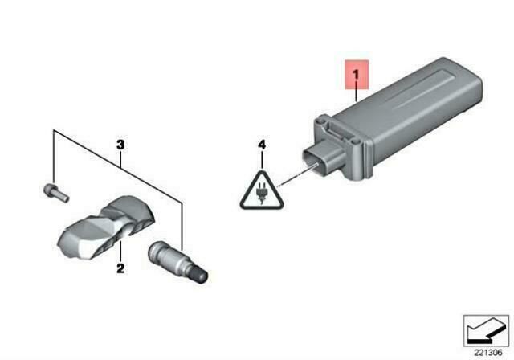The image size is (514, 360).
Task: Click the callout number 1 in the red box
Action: tap(356, 75)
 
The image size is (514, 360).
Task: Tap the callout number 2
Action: tap(120, 268)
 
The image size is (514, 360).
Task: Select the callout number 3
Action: tap(120, 145)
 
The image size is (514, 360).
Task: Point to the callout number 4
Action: tap(262, 145)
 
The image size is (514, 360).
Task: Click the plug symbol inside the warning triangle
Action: tap(261, 194)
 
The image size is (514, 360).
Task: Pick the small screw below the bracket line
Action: tap(56, 192)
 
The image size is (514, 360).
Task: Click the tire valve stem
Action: tap(177, 260)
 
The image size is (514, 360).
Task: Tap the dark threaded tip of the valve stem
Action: tap(200, 275)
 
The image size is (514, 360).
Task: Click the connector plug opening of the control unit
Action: tap(314, 160)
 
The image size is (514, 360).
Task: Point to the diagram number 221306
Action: tap(488, 353)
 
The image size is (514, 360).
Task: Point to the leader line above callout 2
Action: tap(120, 252)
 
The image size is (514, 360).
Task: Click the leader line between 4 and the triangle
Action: tap(262, 161)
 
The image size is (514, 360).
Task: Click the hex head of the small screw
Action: tap(48, 189)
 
